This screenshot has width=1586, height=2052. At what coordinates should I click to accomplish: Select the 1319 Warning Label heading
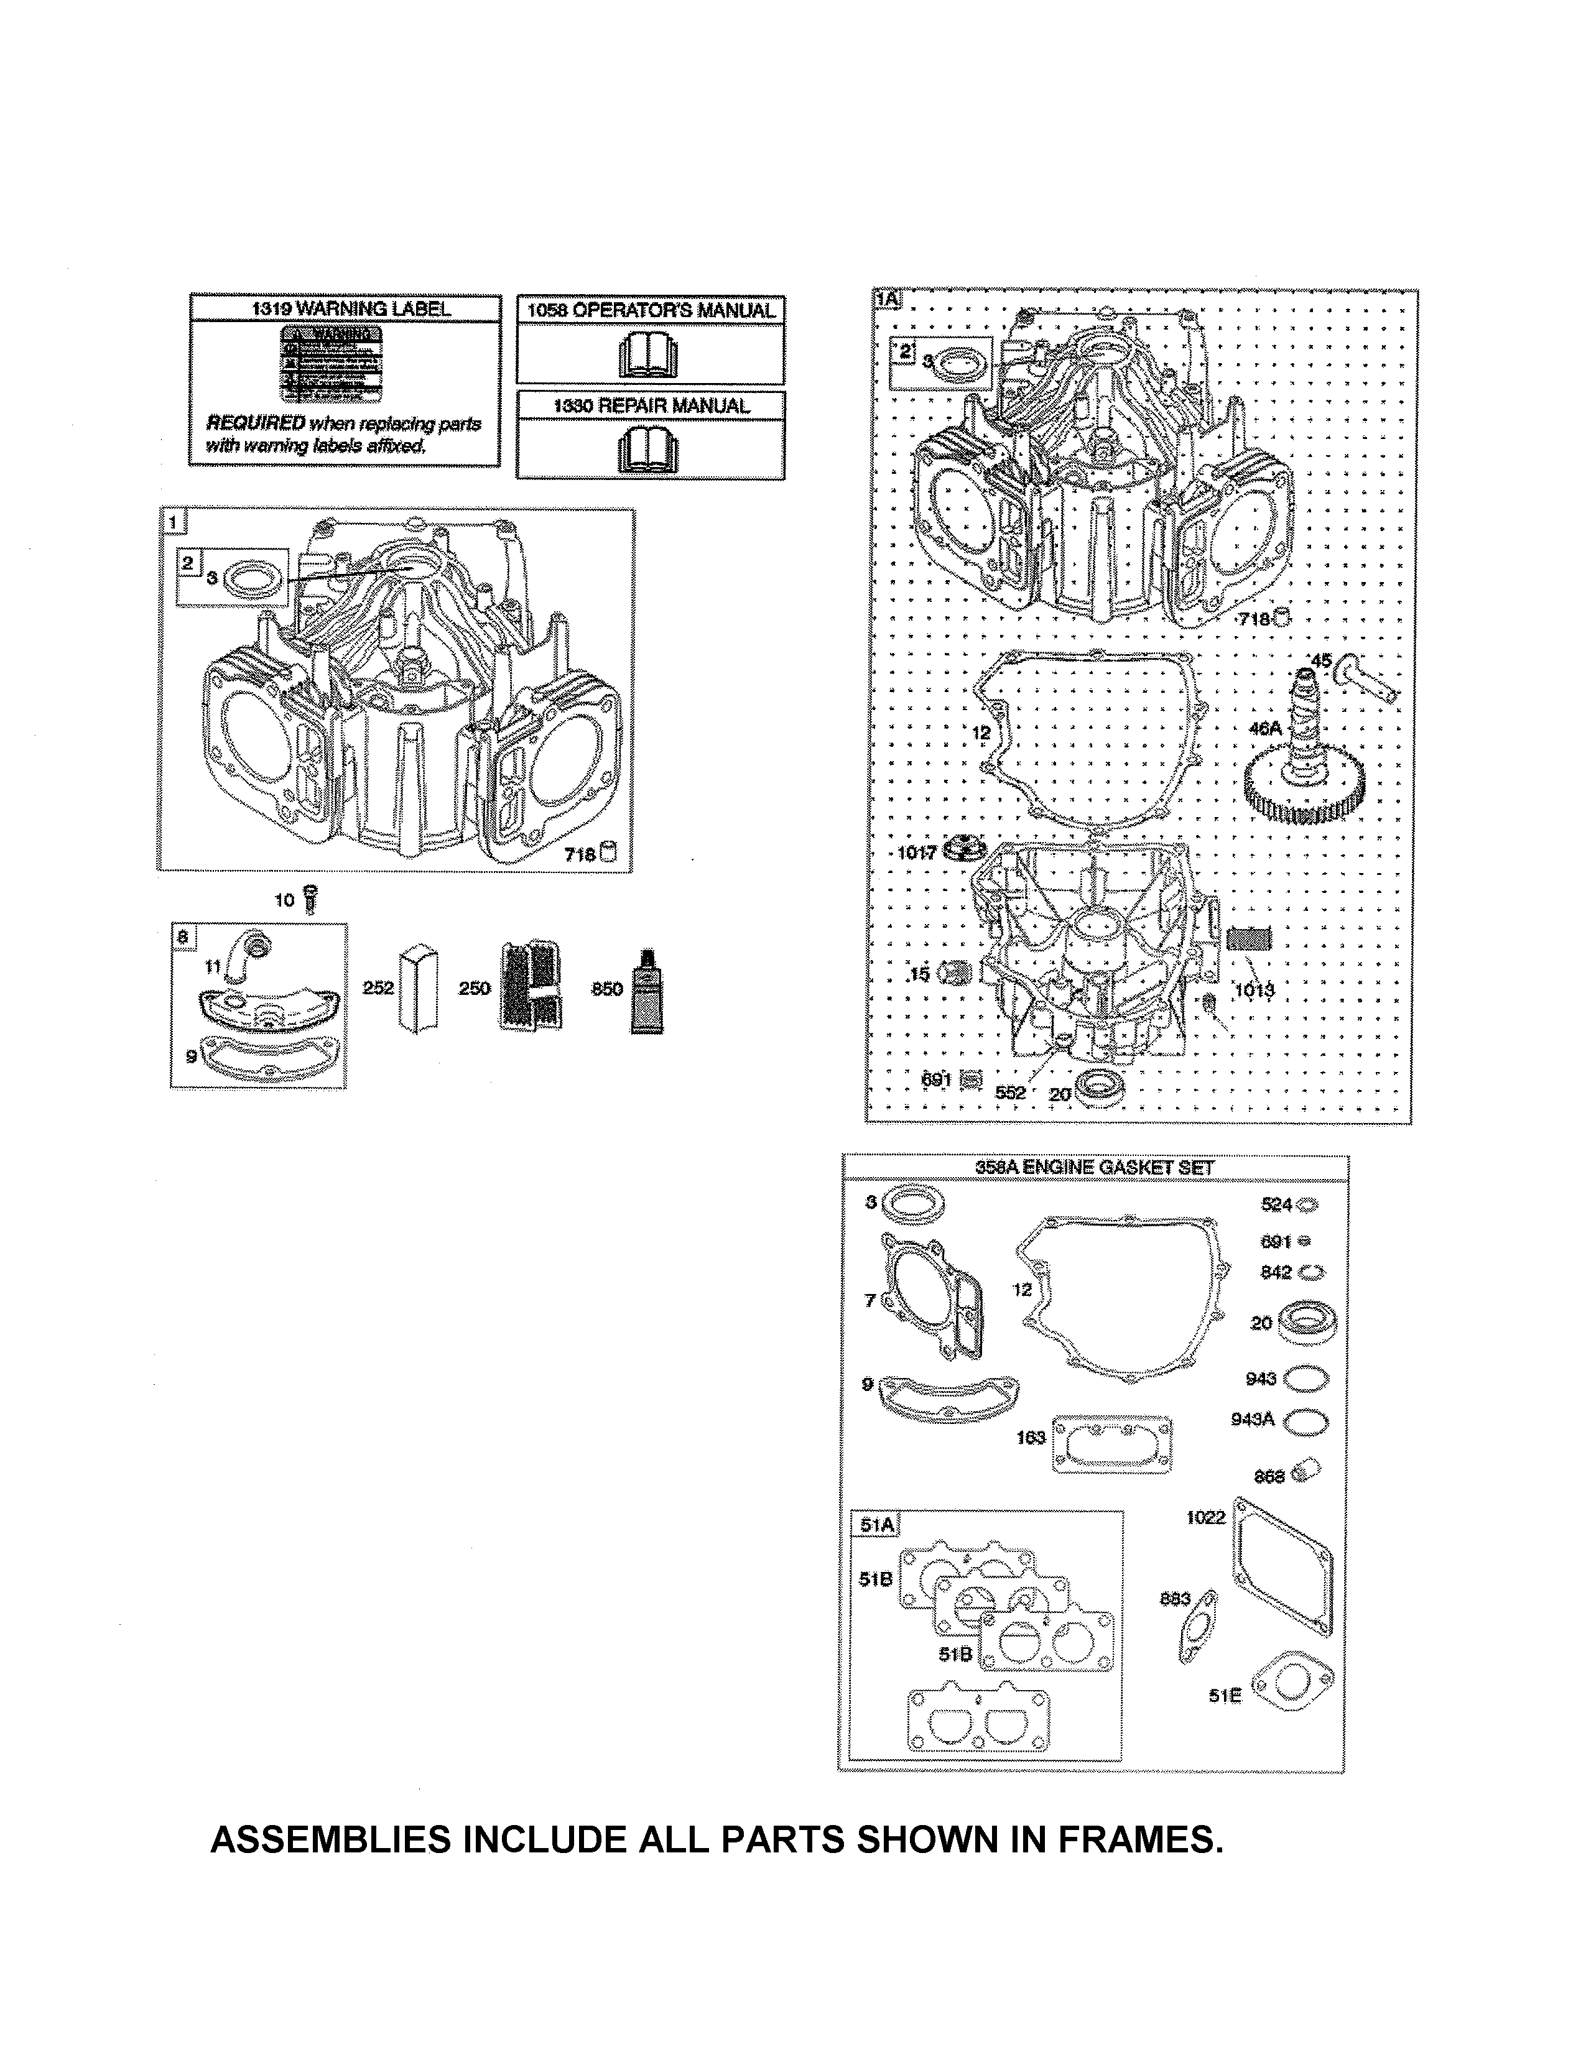coord(345,308)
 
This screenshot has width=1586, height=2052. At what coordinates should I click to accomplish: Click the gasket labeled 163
coord(1113,1442)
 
